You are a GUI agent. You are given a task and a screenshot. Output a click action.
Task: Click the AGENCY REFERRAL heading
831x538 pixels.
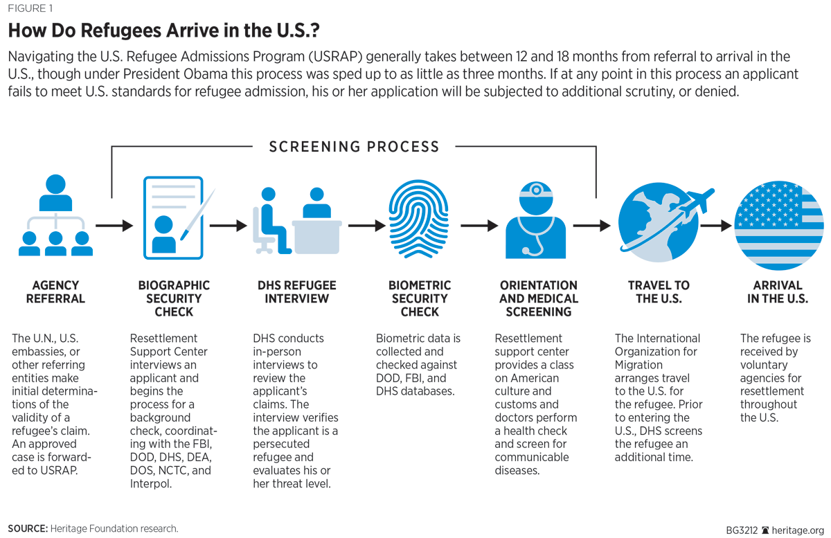[x=55, y=292]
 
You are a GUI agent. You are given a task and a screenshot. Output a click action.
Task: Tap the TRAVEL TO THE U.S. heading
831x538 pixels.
[x=659, y=292]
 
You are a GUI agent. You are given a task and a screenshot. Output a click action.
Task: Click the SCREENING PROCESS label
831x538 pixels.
[x=354, y=147]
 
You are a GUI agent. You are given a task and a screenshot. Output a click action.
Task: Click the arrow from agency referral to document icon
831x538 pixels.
[x=114, y=225]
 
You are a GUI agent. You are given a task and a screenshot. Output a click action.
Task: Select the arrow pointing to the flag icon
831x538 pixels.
[x=717, y=225]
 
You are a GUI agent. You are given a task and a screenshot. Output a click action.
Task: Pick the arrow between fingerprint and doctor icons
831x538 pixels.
[x=479, y=225]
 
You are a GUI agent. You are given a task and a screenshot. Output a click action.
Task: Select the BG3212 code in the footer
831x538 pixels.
[x=742, y=530]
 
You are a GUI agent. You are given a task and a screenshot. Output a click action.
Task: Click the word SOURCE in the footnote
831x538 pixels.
[x=27, y=528]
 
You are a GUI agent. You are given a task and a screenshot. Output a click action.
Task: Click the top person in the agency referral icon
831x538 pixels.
[x=55, y=192]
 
